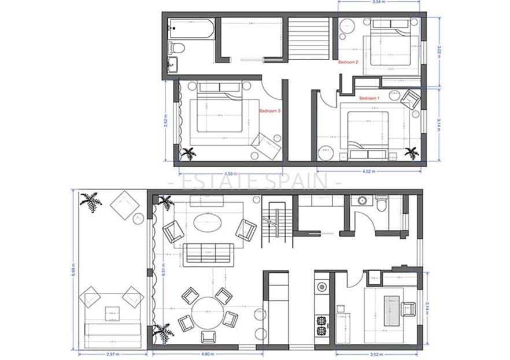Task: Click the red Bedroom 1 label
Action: (369, 98)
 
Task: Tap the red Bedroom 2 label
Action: (348, 62)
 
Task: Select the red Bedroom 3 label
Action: (269, 110)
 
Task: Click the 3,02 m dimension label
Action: (439, 50)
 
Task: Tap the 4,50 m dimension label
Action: (229, 173)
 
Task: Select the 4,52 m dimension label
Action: (368, 172)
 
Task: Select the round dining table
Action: (206, 312)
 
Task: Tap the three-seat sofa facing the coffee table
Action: (208, 253)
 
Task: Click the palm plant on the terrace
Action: (91, 202)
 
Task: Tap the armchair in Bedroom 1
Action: (411, 99)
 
